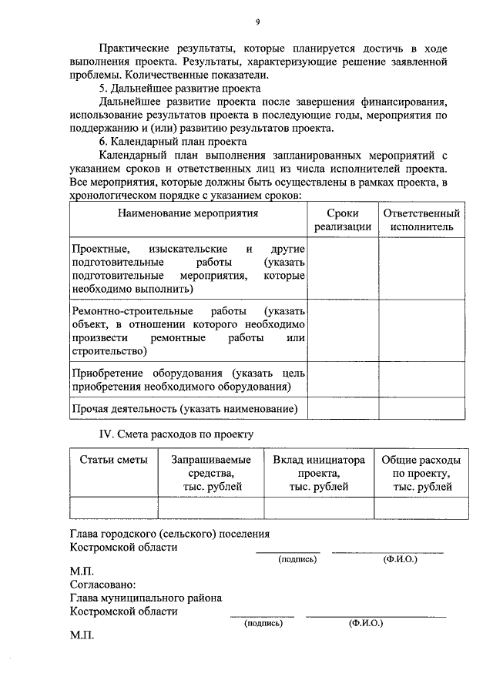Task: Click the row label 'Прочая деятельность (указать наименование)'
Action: coord(184,409)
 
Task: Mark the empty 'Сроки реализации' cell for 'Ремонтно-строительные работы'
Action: coord(343,331)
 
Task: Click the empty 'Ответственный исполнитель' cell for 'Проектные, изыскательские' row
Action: coord(421,269)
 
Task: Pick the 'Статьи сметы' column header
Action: coord(114,460)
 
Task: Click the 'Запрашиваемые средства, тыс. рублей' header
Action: coord(211,473)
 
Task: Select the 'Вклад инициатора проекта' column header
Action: coord(319,473)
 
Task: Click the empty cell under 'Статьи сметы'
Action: coord(114,508)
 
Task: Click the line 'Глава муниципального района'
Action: coord(146,598)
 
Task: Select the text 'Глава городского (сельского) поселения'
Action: coord(169,534)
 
